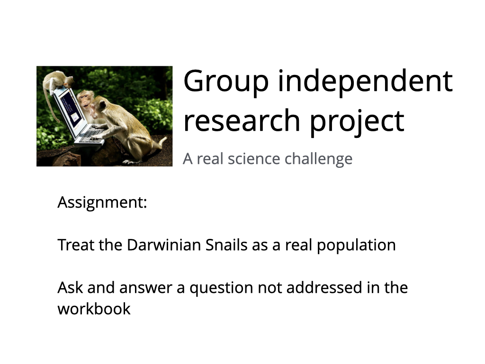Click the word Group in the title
coord(226,81)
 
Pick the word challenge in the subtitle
coord(318,159)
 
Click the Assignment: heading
coord(102,203)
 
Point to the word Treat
coord(76,245)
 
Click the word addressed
coord(324,288)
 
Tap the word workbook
coord(94,309)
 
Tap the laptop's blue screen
coord(71,110)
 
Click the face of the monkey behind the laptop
coord(83,100)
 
